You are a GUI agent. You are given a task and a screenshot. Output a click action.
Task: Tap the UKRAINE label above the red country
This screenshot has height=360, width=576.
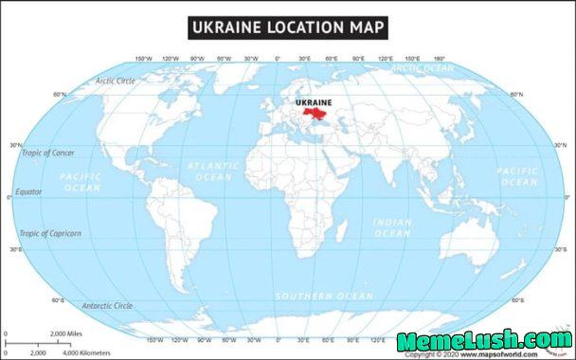(x=314, y=102)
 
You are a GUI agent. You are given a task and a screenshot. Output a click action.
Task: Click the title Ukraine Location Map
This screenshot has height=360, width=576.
(x=287, y=27)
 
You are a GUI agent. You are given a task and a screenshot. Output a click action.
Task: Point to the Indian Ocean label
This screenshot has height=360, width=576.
(x=392, y=227)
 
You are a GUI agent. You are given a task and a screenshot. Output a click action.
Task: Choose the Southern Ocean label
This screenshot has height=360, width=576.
(x=324, y=297)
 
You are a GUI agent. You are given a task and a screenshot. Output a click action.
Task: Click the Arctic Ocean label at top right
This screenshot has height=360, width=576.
(x=423, y=68)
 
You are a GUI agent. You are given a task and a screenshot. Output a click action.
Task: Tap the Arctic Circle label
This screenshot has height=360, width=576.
(x=116, y=81)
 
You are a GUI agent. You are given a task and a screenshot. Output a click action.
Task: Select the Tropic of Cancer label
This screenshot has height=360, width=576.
(x=48, y=153)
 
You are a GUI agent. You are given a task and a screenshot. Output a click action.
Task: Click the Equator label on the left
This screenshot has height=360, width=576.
(x=28, y=191)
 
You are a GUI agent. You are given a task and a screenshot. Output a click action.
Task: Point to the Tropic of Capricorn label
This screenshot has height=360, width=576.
(x=51, y=233)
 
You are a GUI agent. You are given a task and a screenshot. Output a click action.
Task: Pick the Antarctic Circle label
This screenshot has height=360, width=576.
(x=108, y=306)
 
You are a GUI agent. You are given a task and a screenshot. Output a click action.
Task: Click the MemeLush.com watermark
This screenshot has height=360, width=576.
(x=483, y=341)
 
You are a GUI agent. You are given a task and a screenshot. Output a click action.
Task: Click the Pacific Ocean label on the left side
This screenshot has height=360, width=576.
(x=81, y=182)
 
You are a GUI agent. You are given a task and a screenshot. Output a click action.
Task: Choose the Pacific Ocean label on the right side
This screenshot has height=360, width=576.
(x=517, y=176)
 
